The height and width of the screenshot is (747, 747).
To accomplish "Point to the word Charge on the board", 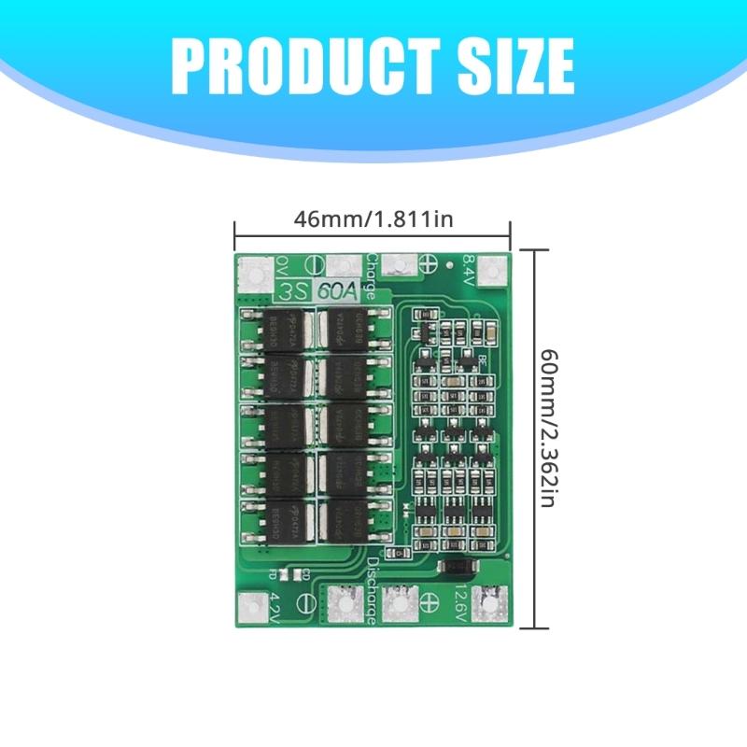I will tap(372, 275).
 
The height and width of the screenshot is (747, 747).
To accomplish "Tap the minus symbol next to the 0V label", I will tap(315, 264).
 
